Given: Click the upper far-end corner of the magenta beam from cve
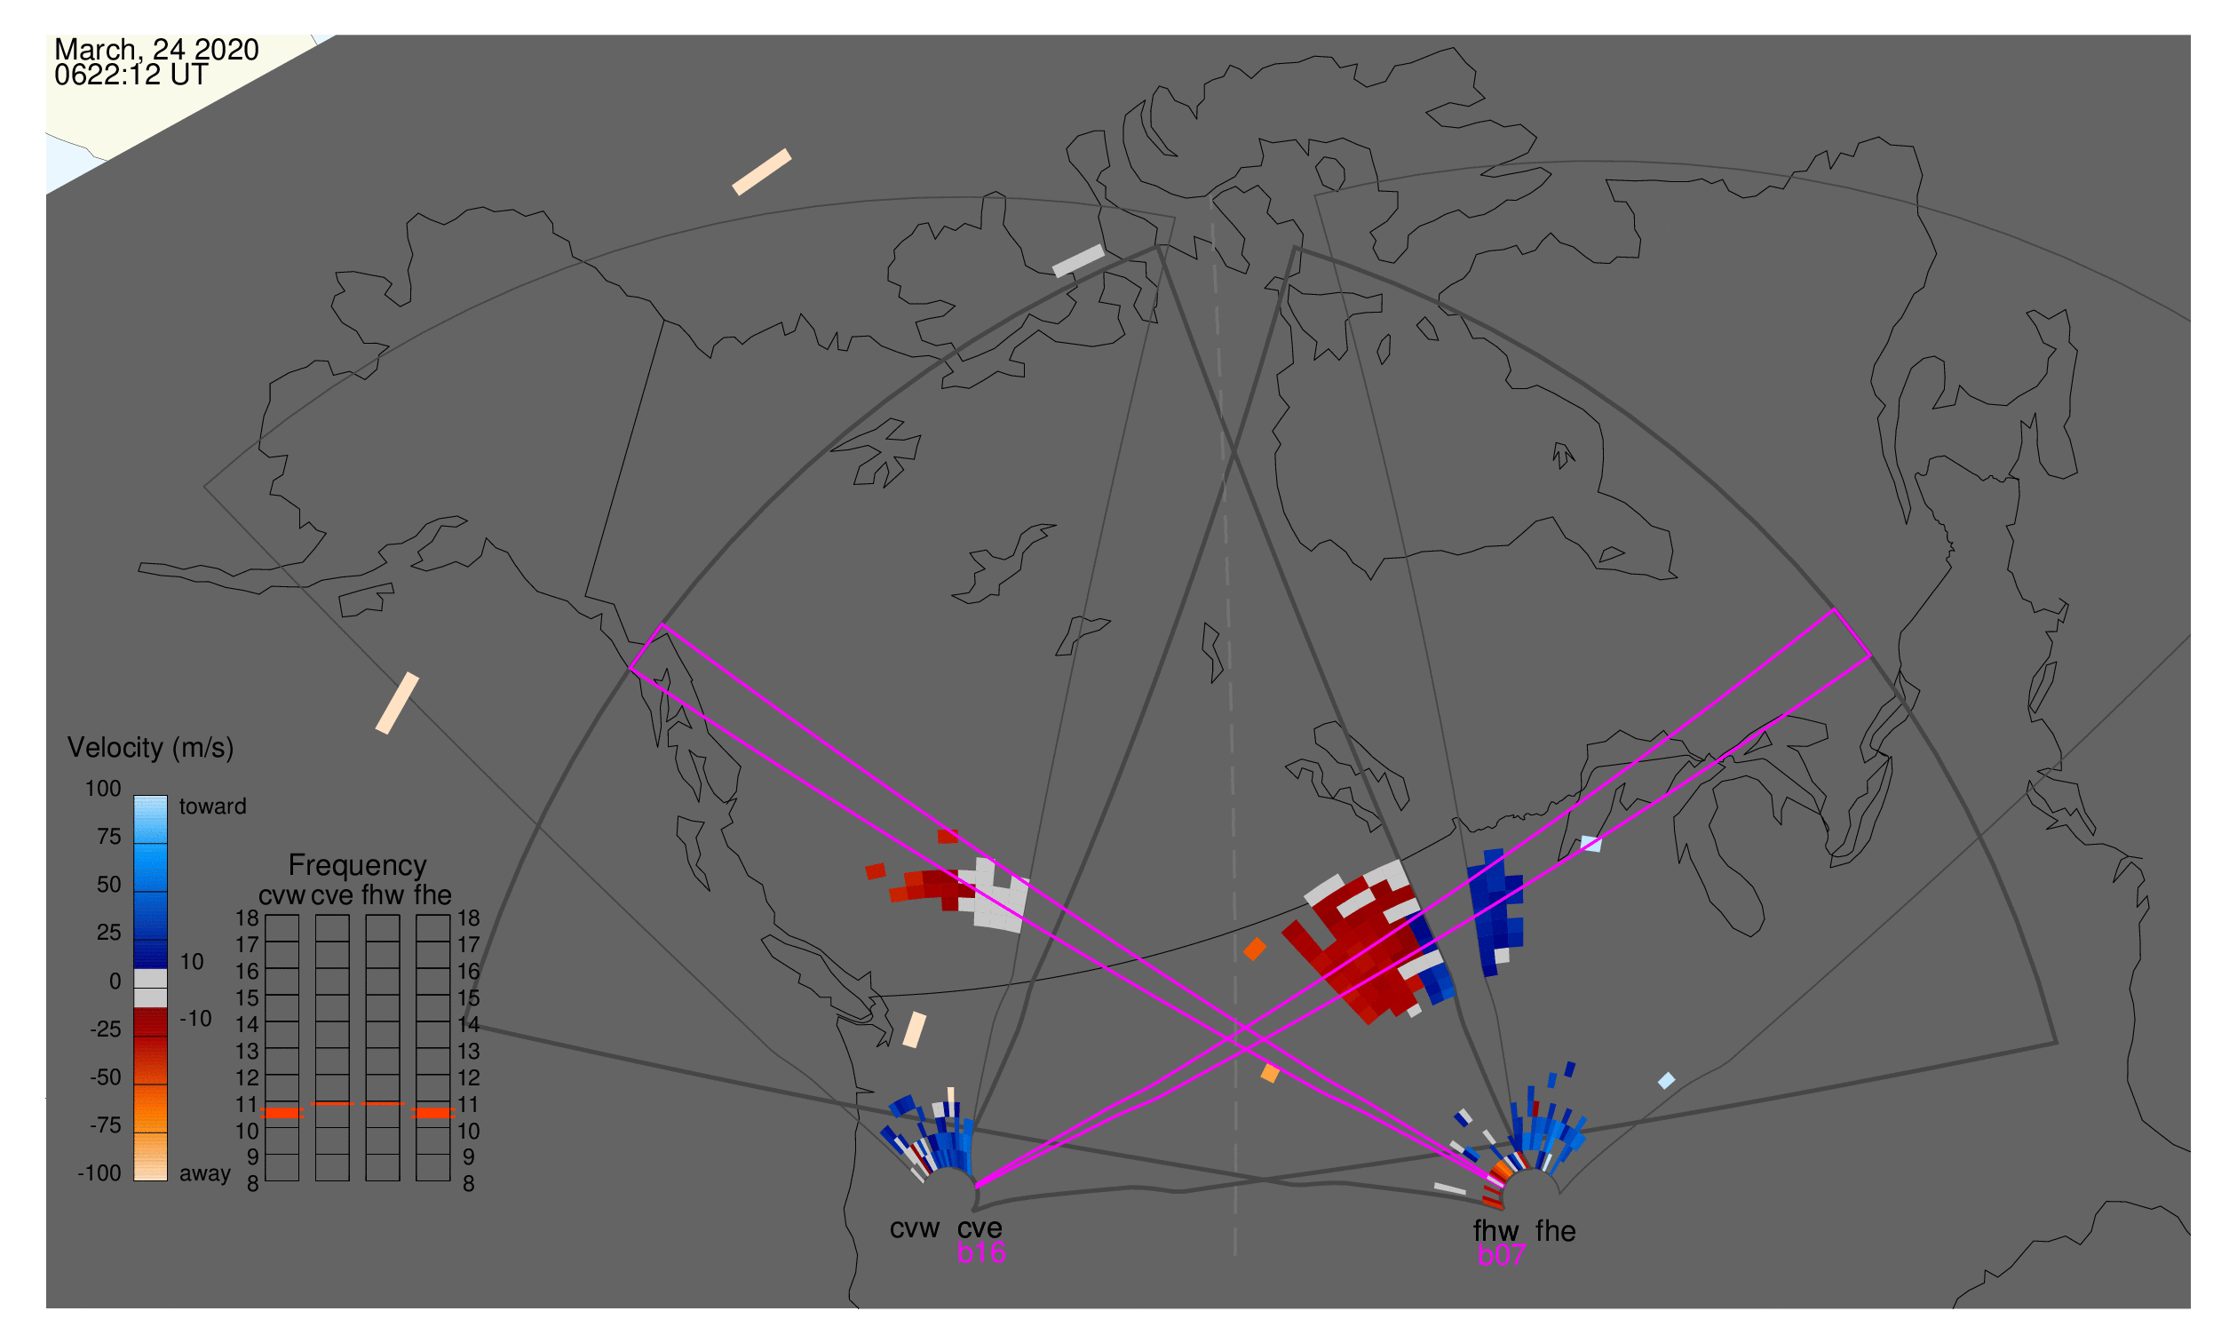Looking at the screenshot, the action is tap(1836, 610).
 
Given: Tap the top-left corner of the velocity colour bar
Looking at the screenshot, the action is tap(134, 797).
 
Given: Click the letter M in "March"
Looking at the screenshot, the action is tap(64, 50).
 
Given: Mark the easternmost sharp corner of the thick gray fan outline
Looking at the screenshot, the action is tap(2058, 1043).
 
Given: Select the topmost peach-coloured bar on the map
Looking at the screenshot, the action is tap(762, 171).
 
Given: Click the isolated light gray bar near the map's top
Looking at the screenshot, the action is tap(1078, 261).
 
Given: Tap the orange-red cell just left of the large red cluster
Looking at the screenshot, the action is tap(1256, 949).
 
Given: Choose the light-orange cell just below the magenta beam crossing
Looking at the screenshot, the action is tap(1270, 1073).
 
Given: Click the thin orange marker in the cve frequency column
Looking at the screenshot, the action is tap(332, 1104).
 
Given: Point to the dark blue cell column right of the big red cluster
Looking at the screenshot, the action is tap(1495, 913).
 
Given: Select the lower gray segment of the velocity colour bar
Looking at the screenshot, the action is tap(150, 998).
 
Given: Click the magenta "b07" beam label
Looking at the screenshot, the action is tap(1501, 1255).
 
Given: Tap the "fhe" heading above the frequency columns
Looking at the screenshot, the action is tap(432, 895).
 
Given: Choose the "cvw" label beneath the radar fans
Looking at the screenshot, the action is tap(914, 1228).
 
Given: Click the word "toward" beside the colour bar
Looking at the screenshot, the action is tap(213, 807).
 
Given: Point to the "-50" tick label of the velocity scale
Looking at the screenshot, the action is tap(106, 1077).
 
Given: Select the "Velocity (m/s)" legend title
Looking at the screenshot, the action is tap(151, 748).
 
